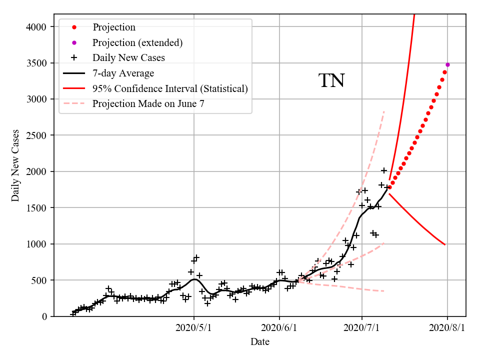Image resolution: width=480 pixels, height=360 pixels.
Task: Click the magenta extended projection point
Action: (x=447, y=64)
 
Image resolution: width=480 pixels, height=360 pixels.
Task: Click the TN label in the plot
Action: (x=331, y=80)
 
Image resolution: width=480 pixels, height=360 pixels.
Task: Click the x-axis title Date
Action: (x=260, y=342)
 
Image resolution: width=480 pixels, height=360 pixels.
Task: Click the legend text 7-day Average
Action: (x=123, y=73)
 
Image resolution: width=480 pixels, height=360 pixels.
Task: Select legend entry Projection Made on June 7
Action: (x=148, y=104)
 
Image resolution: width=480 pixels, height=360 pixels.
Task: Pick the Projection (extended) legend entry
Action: (x=137, y=42)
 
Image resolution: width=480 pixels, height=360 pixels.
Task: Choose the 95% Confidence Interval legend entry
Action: (x=170, y=88)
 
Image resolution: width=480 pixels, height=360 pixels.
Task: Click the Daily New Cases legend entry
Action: (x=128, y=57)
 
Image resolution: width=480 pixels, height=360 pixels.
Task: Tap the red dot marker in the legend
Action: (x=74, y=27)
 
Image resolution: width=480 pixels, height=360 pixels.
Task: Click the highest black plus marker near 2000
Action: (x=384, y=170)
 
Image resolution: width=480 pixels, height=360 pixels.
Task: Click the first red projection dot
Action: (x=390, y=187)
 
